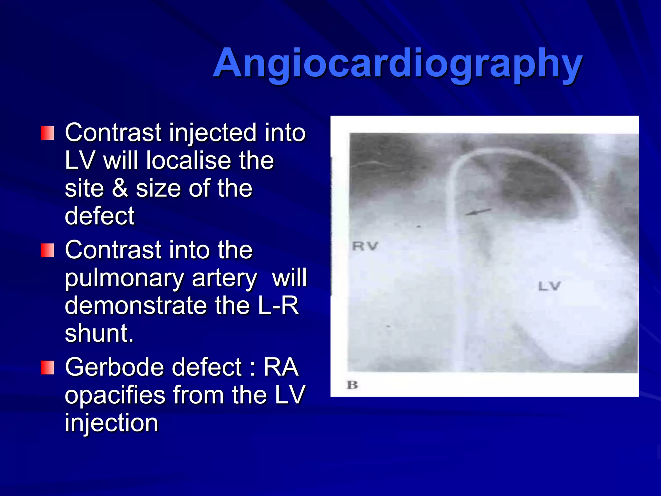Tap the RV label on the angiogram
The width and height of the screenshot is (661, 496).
tap(365, 246)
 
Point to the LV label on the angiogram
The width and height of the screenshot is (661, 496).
tap(549, 286)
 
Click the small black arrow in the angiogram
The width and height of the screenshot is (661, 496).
tap(478, 212)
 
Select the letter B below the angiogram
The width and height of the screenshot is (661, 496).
tap(352, 385)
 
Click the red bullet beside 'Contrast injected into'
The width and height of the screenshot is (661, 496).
tap(47, 133)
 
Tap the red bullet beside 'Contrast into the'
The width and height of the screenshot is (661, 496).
tap(47, 251)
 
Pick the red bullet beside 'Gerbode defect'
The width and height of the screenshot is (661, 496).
tap(47, 368)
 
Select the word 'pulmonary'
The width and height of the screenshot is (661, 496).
tap(124, 278)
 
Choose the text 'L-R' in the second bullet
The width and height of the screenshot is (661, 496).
tap(278, 305)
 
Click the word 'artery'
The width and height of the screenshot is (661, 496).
tap(224, 278)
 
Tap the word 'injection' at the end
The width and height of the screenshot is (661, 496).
tap(111, 423)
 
